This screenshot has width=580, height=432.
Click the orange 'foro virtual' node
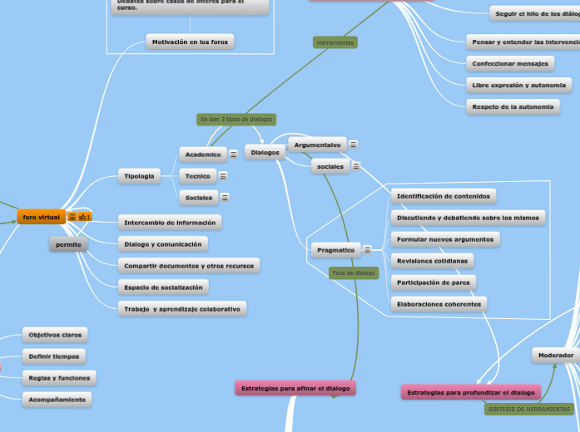pos(41,217)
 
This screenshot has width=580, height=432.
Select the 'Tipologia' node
pos(139,176)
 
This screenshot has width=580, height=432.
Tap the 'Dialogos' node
pos(265,152)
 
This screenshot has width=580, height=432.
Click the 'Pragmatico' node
pos(335,249)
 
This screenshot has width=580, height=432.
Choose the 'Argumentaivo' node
pos(317,145)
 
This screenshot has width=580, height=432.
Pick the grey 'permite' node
pos(68,244)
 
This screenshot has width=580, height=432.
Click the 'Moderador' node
pos(555,356)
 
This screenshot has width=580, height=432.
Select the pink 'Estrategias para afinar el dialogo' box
pos(295,388)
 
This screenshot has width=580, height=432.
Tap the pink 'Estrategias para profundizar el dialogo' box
pos(470,392)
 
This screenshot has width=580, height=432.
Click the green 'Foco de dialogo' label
pos(354,272)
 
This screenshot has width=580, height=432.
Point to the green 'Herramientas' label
pos(335,42)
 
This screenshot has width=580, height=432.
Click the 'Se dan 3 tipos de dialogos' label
pos(236,120)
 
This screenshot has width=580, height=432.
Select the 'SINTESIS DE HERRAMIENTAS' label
pos(529,409)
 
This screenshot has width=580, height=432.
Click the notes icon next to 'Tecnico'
pos(223,176)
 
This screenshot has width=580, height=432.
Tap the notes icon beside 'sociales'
pos(356,166)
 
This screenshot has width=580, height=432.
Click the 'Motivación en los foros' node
pos(190,42)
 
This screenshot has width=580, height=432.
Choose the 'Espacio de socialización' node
pos(163,287)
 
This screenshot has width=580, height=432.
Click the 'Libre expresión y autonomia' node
pos(518,85)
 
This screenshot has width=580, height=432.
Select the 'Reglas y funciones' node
pos(58,378)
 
